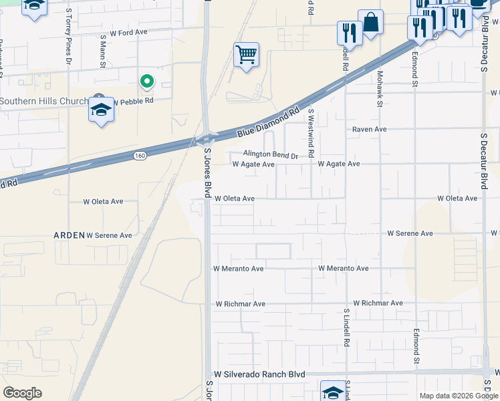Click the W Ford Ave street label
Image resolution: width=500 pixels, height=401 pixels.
click(128, 32)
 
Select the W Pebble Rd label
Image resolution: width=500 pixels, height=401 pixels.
click(133, 102)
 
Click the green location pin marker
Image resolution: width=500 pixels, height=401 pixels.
click(146, 82)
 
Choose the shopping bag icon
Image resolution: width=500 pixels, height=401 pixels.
click(370, 22)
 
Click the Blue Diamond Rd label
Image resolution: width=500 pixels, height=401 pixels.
click(267, 123)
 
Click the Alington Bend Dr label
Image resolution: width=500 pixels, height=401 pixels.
click(270, 154)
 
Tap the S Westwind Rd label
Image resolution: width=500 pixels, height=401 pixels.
click(311, 134)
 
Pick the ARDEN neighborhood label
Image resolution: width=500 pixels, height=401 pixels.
click(70, 235)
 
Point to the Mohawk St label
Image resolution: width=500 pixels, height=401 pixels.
click(379, 88)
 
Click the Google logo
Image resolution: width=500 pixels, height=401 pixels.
click(22, 393)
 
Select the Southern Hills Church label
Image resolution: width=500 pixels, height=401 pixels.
click(44, 102)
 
